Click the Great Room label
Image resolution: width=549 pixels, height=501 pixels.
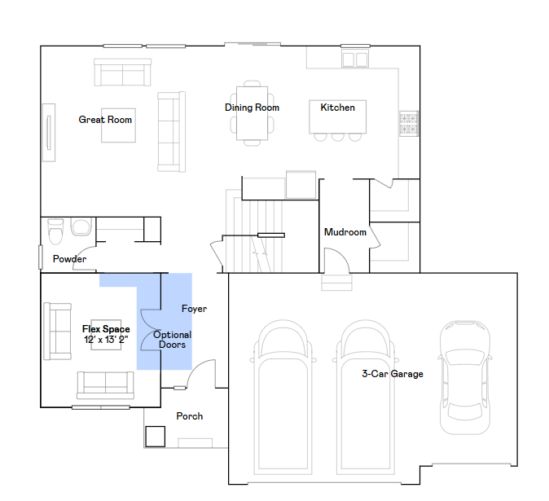point(105,120)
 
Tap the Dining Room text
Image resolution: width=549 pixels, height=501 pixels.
point(252,108)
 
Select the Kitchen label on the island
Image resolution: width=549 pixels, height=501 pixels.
point(337,108)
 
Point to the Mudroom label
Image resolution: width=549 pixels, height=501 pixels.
point(345,232)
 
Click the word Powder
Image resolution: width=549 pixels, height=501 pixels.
point(69,259)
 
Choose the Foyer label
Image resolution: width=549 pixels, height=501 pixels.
point(194,309)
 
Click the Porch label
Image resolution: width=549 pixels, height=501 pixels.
point(190,416)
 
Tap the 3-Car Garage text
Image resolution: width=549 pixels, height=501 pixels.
point(393,374)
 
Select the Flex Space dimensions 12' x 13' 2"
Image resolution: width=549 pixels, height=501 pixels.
point(106,340)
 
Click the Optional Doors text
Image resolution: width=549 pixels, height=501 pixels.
point(172,340)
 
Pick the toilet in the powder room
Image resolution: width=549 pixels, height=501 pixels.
point(55,231)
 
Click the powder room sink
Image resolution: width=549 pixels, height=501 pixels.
point(81,226)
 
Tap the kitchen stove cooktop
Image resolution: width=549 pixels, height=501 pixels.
point(409,124)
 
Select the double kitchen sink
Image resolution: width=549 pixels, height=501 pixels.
point(355,59)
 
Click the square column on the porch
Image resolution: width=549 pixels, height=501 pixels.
point(155,436)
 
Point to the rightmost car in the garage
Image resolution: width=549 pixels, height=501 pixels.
point(464,377)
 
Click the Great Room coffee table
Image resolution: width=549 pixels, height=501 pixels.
point(118,125)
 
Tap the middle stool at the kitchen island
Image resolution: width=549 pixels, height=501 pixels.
point(337,137)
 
